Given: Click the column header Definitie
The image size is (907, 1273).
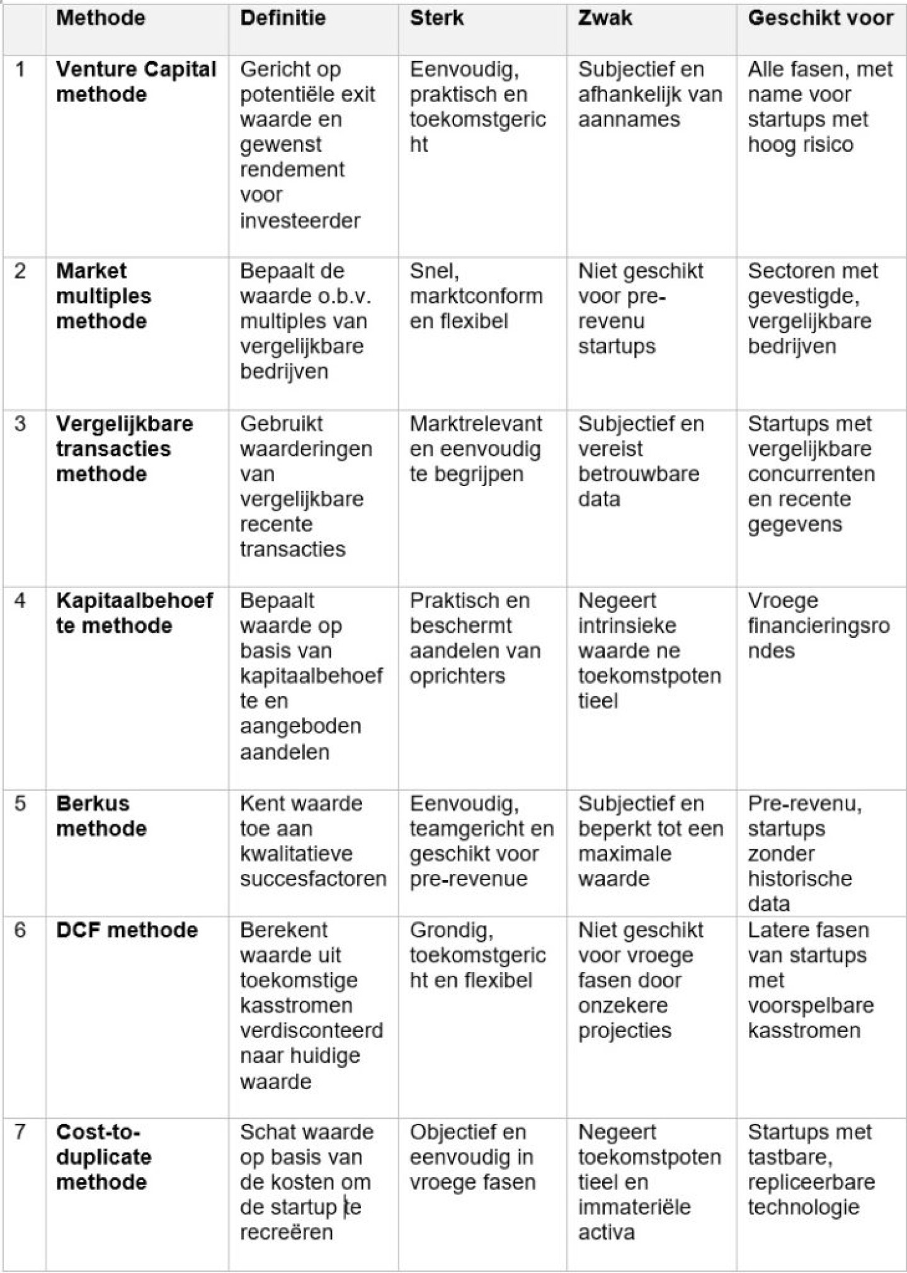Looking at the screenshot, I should [x=283, y=18].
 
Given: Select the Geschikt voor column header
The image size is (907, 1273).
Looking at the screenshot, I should [x=820, y=18].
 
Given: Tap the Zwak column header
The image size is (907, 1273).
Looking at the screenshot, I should [x=605, y=18].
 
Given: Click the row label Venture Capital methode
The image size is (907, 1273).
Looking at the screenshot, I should [x=136, y=82].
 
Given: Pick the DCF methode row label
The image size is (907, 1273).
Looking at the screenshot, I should [x=127, y=930].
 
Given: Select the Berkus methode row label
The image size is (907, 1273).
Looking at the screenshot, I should [x=101, y=816].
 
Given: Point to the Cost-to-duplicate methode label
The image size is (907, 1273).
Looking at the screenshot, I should [x=103, y=1157].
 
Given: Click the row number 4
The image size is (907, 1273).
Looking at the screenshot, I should [x=20, y=601].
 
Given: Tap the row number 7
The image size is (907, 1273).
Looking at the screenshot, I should [x=20, y=1132].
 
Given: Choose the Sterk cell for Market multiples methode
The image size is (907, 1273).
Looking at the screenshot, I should [x=476, y=296].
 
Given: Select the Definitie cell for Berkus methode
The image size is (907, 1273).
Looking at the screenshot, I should [x=312, y=841].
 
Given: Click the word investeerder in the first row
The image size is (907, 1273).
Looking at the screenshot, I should [x=300, y=221].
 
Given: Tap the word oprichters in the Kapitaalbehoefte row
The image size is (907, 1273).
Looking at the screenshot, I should [x=457, y=676].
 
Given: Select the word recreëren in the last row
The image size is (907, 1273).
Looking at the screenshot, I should [x=286, y=1232].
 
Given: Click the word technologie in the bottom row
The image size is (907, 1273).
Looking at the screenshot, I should [x=803, y=1207].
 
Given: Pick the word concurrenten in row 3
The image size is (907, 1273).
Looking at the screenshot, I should [x=811, y=474].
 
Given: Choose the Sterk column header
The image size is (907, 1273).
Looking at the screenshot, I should [x=436, y=18].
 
